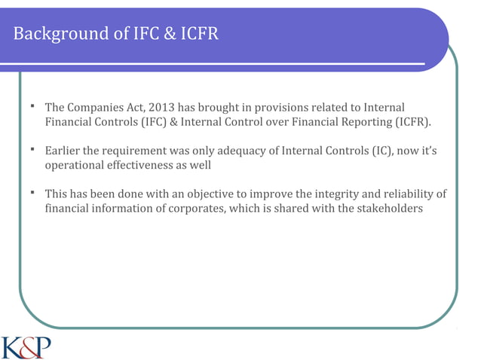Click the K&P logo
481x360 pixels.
point(26,347)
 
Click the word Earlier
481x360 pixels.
point(65,151)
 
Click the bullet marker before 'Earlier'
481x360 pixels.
point(33,149)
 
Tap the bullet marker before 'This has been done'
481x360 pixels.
point(33,193)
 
